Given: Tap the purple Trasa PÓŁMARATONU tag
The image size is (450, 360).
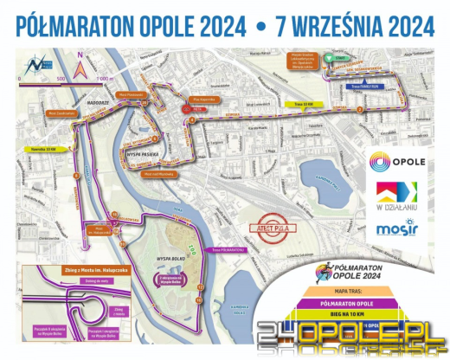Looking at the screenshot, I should click(x=227, y=251).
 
